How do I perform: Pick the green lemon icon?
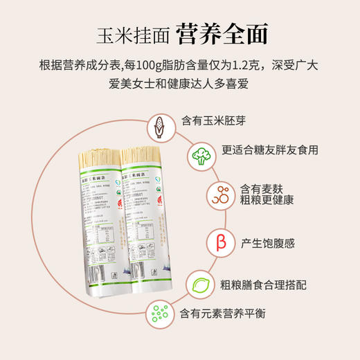point(200,282)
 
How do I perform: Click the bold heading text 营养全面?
point(222,33)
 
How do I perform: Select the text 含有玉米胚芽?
point(213,120)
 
